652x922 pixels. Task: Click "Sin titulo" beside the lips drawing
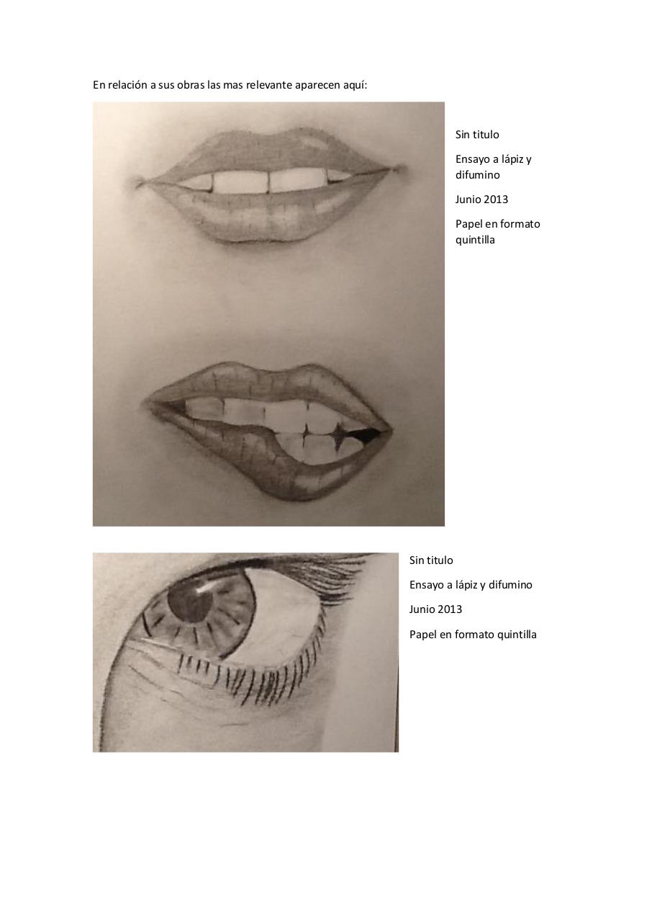[477, 135]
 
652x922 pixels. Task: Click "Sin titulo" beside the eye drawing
[431, 560]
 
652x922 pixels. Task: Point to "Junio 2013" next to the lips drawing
[481, 200]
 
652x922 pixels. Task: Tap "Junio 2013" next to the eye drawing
[435, 609]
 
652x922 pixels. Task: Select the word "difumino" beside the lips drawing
[477, 175]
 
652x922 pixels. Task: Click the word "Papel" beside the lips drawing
[468, 224]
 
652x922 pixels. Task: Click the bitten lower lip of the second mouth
[263, 465]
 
